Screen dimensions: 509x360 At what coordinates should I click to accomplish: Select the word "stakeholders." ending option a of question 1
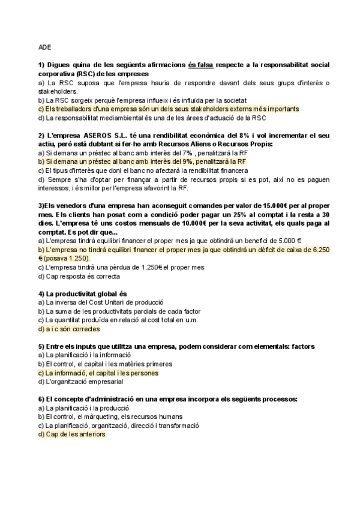[57, 91]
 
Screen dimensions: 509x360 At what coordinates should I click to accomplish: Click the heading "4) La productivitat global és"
[83, 294]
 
